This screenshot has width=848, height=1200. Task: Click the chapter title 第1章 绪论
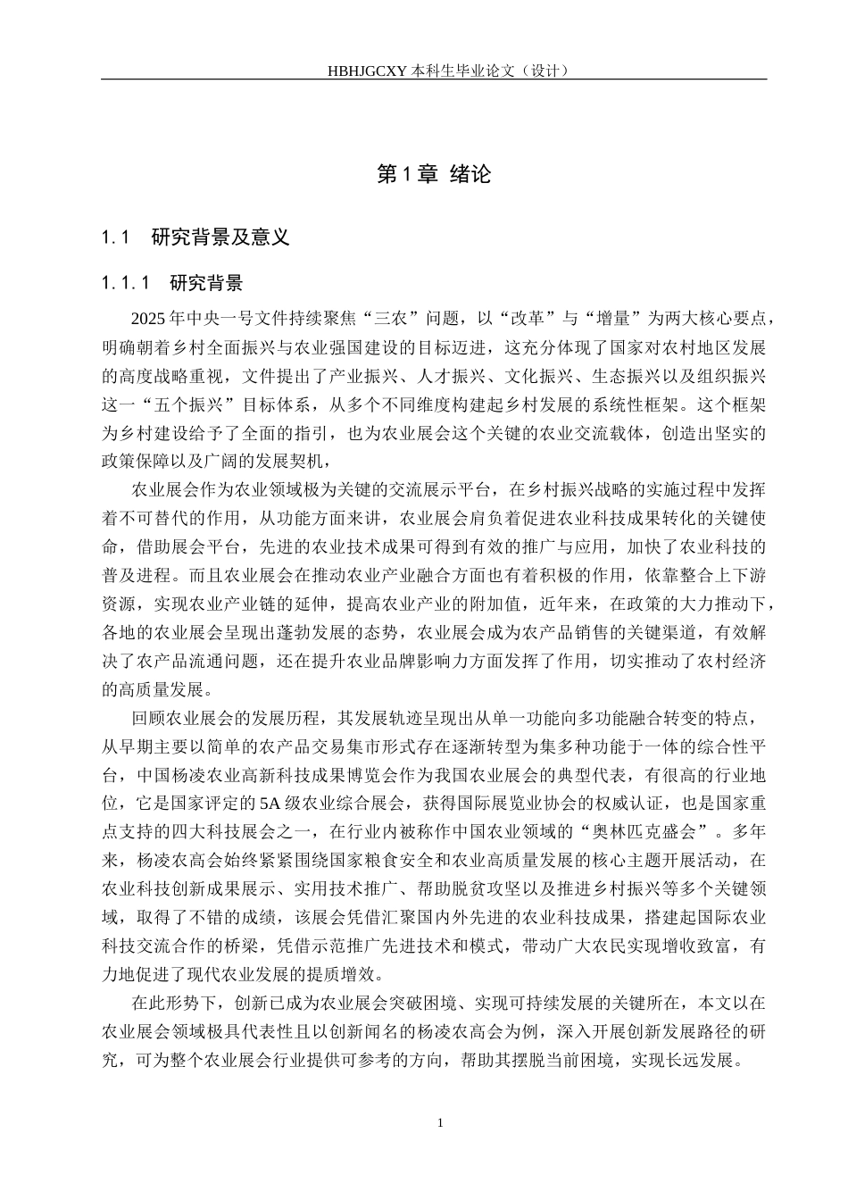[x=434, y=174]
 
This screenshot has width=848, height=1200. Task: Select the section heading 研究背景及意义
[x=220, y=237]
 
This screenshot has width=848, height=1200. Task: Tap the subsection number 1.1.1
[x=127, y=284]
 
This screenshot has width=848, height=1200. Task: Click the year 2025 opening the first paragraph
[x=147, y=319]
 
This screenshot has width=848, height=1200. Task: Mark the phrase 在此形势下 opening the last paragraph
[x=173, y=1004]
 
